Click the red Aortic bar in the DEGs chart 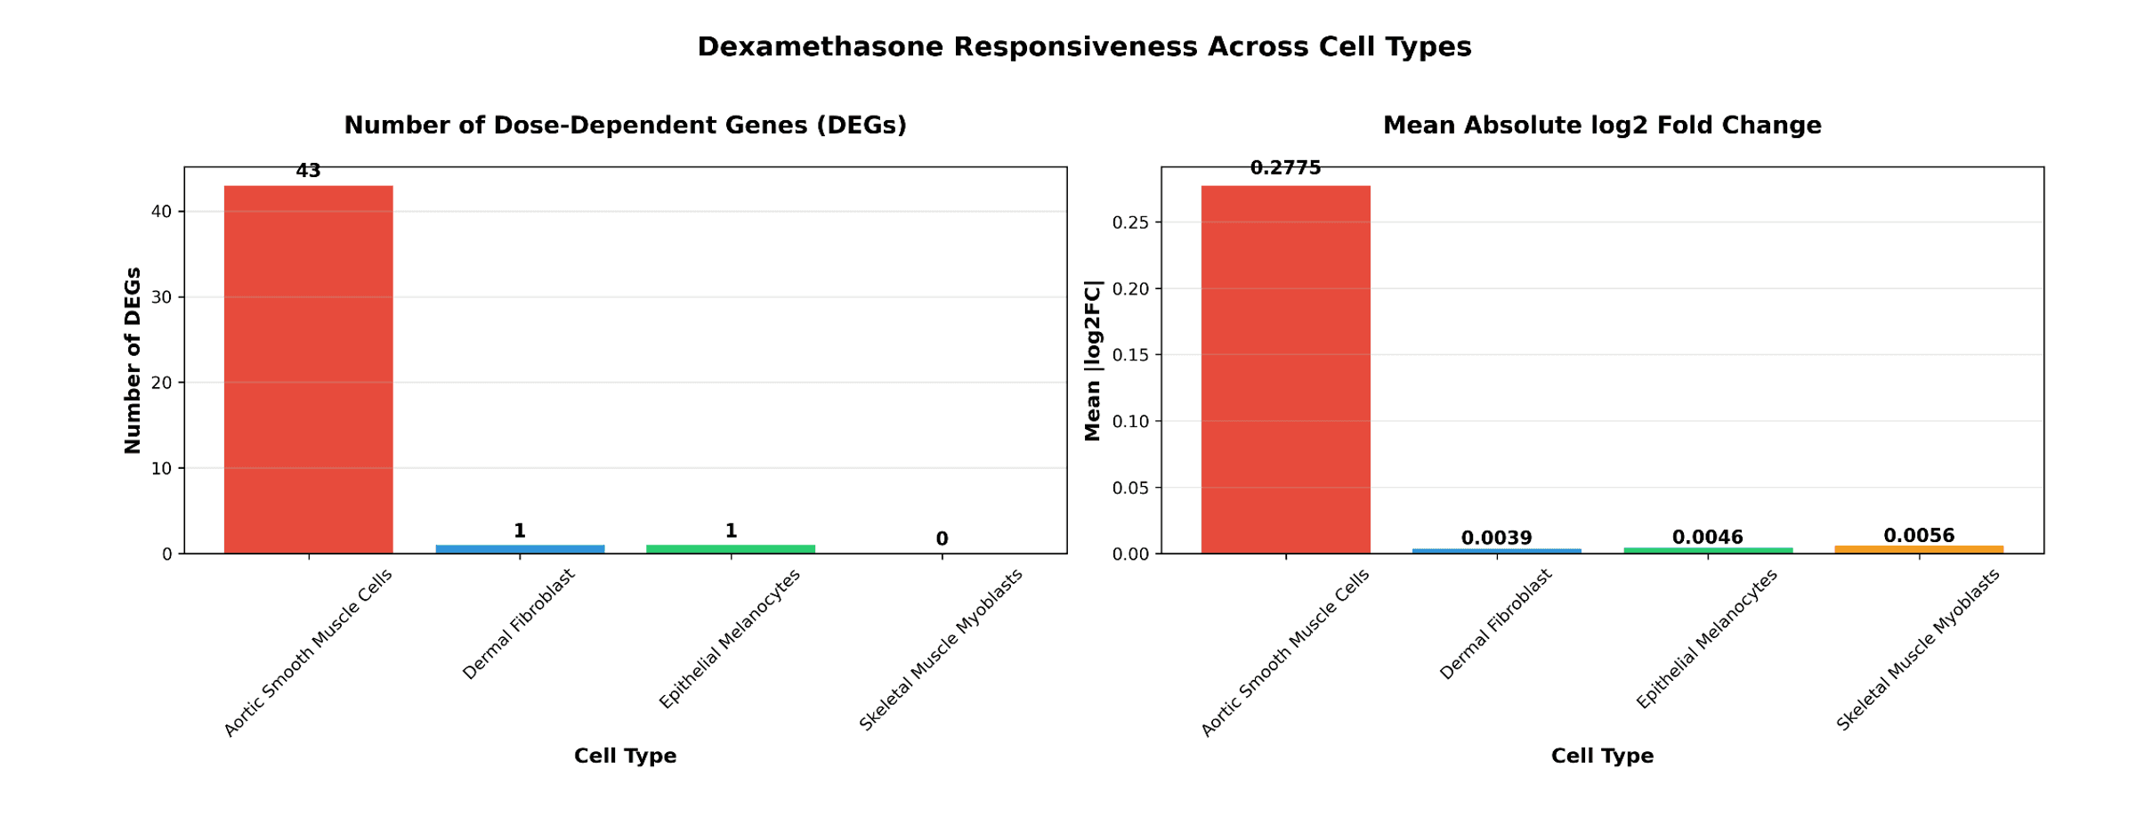coord(308,369)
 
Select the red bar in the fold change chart coord(1285,369)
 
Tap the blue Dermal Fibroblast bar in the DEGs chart coord(520,549)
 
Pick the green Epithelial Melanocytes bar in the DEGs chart coord(731,549)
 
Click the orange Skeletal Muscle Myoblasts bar coord(1919,550)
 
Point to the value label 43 coord(308,171)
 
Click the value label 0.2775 coord(1285,168)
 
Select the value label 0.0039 coord(1496,538)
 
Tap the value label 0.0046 coord(1707,538)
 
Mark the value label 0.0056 coord(1919,536)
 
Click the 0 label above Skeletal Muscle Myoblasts coord(942,539)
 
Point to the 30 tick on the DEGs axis coord(161,297)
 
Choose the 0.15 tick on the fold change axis coord(1130,355)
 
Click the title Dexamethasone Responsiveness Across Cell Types coord(1084,47)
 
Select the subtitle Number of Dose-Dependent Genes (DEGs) coord(625,125)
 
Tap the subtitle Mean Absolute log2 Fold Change coord(1602,125)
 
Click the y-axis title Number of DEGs coord(133,360)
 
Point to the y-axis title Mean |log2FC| coord(1093,360)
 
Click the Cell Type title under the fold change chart coord(1602,756)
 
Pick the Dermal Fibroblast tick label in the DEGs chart coord(520,625)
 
